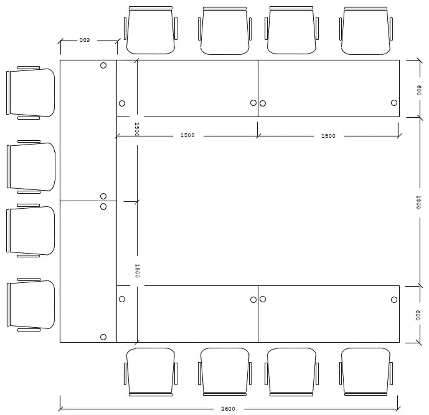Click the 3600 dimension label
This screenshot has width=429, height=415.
click(228, 409)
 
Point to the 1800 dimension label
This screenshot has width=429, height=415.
click(418, 202)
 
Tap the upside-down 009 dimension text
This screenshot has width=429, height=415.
click(85, 40)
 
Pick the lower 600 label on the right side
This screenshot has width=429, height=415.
click(418, 315)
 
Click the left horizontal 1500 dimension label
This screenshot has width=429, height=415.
click(187, 135)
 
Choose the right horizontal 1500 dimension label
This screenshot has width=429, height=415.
click(328, 136)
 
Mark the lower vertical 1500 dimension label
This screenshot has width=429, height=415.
click(137, 270)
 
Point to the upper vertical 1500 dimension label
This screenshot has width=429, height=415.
click(137, 129)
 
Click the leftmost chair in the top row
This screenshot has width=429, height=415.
click(151, 30)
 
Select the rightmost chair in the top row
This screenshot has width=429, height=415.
click(366, 31)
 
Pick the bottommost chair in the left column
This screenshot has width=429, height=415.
click(30, 305)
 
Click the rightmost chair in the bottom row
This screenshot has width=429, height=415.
click(366, 372)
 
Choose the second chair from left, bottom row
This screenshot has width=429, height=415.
click(225, 372)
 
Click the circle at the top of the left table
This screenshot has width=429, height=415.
click(103, 65)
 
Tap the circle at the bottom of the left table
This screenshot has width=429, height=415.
click(103, 337)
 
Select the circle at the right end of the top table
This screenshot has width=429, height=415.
click(394, 103)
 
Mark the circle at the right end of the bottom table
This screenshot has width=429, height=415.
click(394, 300)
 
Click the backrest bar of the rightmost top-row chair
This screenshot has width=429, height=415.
click(366, 8)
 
